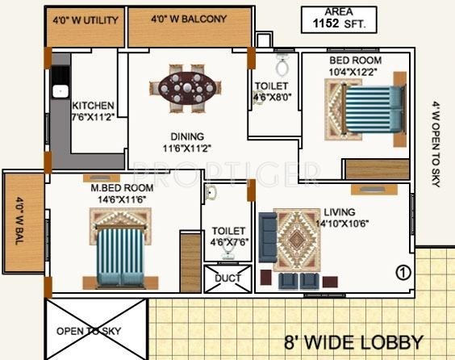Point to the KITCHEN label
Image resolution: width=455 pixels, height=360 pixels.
point(93,106)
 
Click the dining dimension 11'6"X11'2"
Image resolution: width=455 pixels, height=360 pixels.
point(186,149)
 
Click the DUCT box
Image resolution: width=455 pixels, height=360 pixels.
point(227,278)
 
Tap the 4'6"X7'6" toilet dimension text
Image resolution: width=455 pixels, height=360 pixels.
point(228,241)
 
